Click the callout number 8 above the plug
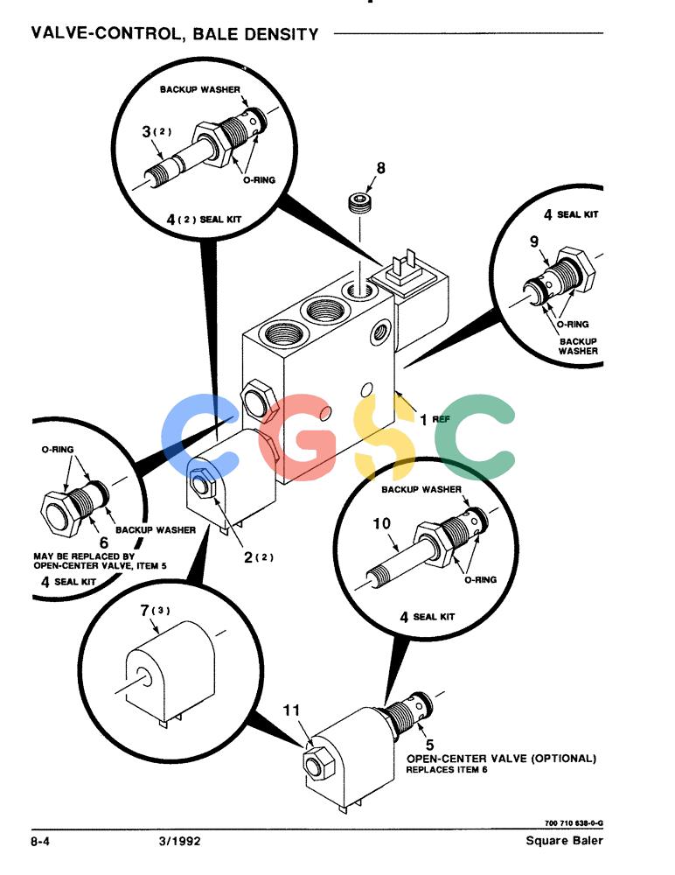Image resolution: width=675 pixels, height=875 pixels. tap(380, 168)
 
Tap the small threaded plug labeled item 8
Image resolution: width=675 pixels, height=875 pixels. tap(360, 202)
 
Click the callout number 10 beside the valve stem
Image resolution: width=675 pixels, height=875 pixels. tap(382, 523)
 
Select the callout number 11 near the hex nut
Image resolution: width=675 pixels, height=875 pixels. tap(291, 710)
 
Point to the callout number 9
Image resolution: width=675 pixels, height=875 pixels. tap(534, 241)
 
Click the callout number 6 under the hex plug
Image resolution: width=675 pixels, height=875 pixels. tap(104, 542)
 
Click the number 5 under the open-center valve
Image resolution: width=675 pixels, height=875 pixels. tap(429, 745)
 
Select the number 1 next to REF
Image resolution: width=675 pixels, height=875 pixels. tap(424, 419)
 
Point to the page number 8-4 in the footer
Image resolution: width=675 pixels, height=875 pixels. tap(40, 841)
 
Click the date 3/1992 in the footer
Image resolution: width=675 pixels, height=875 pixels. tap(179, 841)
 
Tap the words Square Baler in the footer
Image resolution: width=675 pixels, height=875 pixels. tap(564, 840)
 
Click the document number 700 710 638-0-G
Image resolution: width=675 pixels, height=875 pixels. tap(574, 823)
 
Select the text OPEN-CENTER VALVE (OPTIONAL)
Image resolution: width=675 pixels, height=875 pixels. tap(501, 759)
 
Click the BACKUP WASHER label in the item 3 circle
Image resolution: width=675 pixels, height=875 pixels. tap(199, 89)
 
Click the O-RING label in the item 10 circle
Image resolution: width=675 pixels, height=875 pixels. tap(480, 580)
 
